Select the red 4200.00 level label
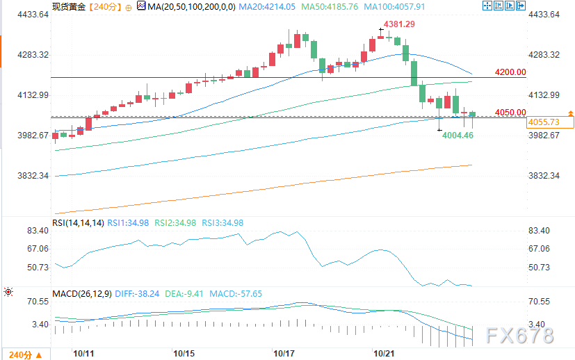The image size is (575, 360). click(510, 72)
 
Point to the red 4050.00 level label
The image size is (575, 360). click(510, 113)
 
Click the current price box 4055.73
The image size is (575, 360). click(544, 122)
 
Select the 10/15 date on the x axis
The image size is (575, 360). click(184, 354)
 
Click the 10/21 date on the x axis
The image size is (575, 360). click(384, 354)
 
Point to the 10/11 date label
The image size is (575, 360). click(83, 354)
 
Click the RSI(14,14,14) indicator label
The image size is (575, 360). click(78, 223)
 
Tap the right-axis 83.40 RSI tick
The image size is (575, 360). click(540, 231)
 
